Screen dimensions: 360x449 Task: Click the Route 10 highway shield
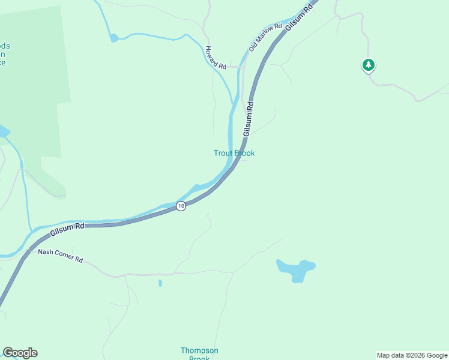click(x=181, y=206)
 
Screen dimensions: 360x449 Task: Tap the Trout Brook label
click(x=234, y=153)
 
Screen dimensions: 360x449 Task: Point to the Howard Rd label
click(x=215, y=58)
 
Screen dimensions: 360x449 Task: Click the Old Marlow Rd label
click(x=265, y=37)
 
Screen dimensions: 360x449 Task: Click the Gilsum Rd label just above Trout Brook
click(x=249, y=118)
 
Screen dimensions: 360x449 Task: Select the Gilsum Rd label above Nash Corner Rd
click(x=67, y=227)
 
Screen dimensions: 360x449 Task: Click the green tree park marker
click(x=368, y=64)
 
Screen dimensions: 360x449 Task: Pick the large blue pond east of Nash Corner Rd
click(x=296, y=270)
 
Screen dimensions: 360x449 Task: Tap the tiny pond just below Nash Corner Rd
click(x=160, y=283)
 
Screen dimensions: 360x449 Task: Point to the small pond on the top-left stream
click(x=114, y=38)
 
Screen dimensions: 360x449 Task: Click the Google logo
click(x=20, y=353)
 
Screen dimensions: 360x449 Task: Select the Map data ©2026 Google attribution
click(x=412, y=355)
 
